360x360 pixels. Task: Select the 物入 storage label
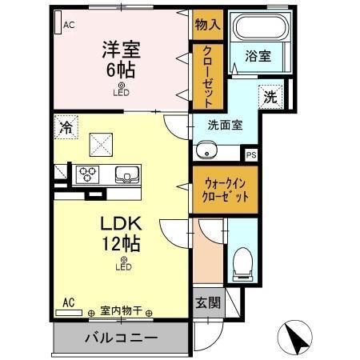(206, 25)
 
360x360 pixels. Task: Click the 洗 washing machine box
(270, 98)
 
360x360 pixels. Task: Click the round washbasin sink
(206, 150)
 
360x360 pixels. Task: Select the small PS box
(251, 155)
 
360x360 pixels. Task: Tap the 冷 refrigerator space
(67, 127)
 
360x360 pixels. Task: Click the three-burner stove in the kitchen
(87, 174)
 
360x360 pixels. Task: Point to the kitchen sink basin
(126, 174)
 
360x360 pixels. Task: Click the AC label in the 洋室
(69, 24)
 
